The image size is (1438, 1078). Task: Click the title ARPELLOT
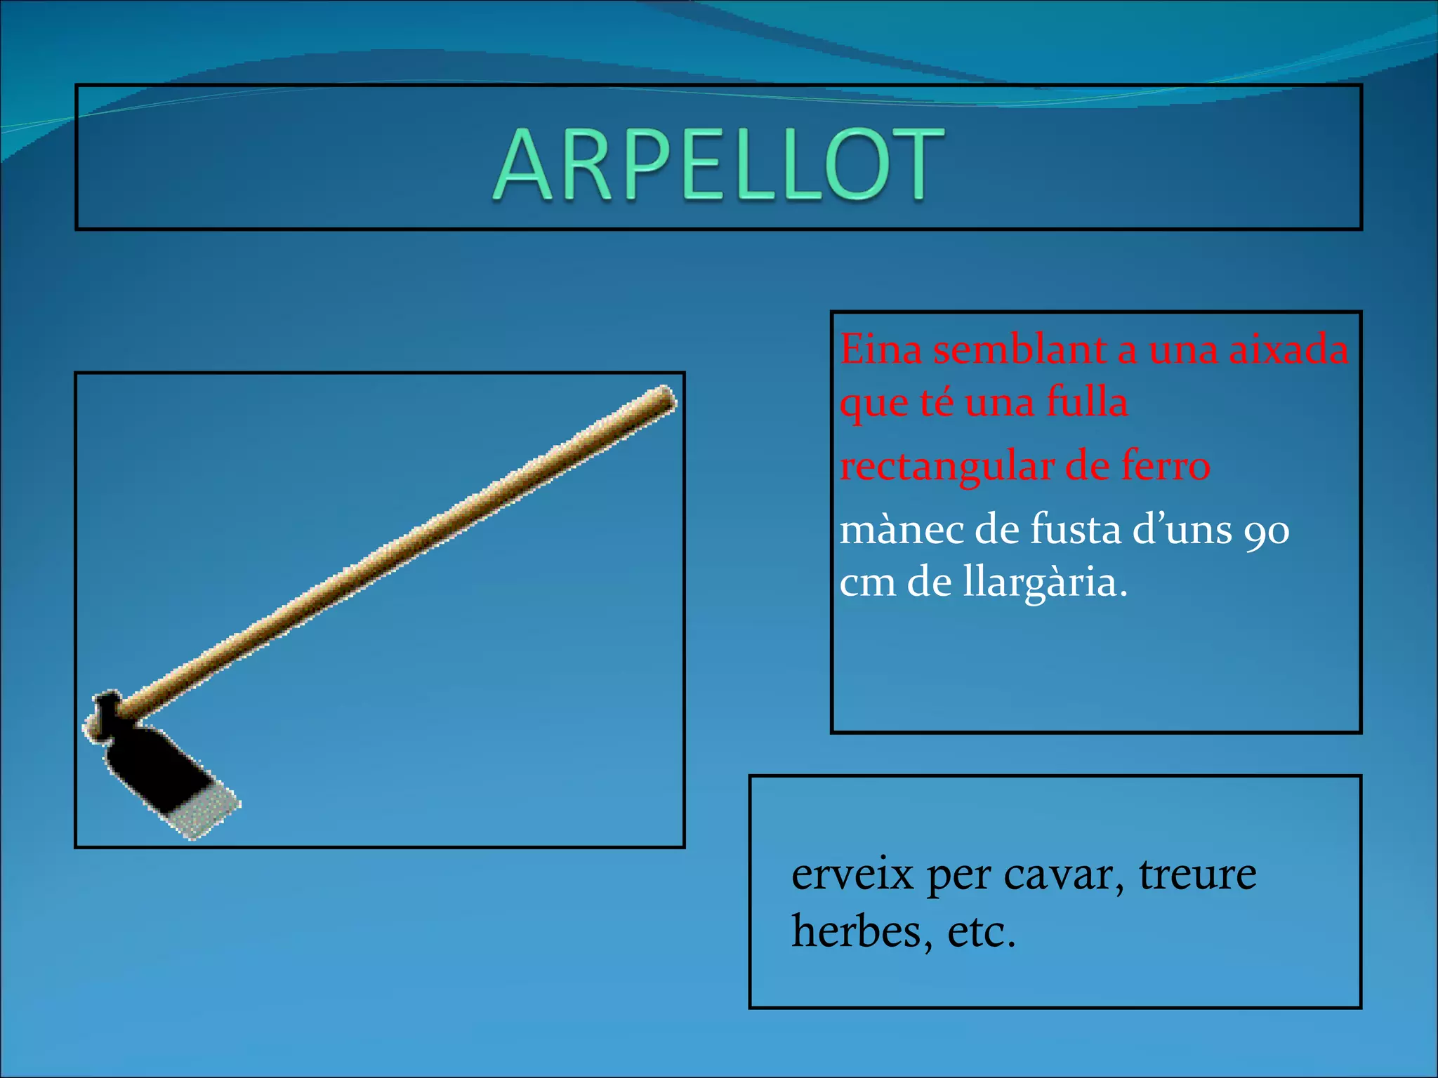[x=718, y=164]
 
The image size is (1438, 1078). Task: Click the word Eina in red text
[x=880, y=349]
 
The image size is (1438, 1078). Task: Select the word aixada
[x=1288, y=349]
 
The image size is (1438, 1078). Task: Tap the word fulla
[x=1087, y=402]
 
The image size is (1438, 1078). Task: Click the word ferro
[x=1166, y=465]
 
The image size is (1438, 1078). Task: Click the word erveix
[x=852, y=874]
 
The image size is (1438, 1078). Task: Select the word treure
[x=1197, y=874]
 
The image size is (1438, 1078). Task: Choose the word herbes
[x=862, y=932]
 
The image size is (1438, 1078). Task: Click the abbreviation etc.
[x=981, y=932]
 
